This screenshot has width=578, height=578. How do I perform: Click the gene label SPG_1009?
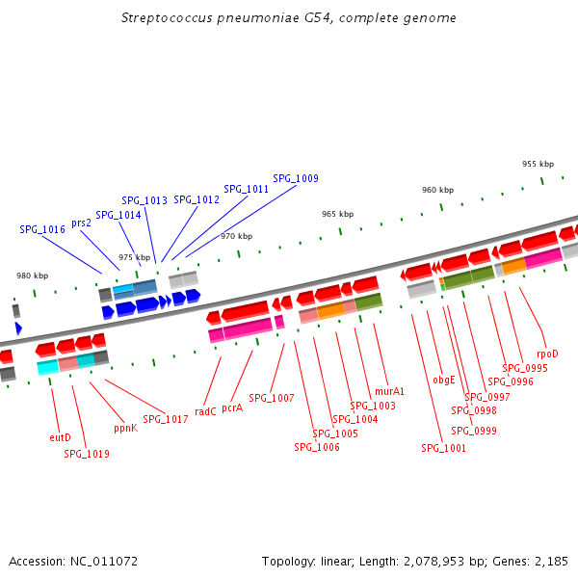[296, 178]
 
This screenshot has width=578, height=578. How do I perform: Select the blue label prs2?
[81, 223]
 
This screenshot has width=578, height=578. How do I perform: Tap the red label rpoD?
[547, 354]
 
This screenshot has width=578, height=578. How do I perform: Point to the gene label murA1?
[389, 391]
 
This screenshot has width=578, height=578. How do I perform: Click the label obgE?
[444, 381]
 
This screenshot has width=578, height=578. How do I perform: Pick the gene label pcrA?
[232, 408]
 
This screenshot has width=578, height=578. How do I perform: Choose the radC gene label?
[205, 411]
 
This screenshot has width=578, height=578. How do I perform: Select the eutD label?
[60, 437]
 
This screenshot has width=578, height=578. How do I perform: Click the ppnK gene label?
[125, 429]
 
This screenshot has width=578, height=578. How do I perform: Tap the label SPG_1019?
[87, 454]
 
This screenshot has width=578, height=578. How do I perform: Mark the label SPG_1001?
[443, 448]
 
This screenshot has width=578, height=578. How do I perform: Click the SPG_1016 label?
[42, 229]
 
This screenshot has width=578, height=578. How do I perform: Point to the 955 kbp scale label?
[538, 164]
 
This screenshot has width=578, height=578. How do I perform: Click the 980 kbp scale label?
[33, 276]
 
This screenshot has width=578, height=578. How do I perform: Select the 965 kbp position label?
[338, 214]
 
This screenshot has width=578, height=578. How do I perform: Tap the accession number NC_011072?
[104, 562]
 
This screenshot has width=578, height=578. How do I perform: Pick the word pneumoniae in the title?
[257, 18]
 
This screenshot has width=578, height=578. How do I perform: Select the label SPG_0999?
[474, 431]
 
